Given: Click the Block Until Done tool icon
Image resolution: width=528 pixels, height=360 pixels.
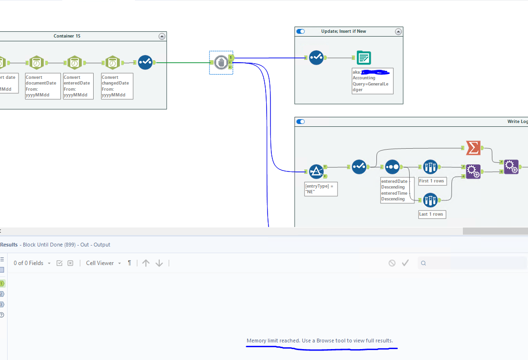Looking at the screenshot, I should click(220, 62).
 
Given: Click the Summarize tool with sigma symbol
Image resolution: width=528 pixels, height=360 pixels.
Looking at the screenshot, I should click(473, 148).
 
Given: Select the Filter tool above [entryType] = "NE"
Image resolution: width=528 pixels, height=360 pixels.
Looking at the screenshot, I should click(317, 171).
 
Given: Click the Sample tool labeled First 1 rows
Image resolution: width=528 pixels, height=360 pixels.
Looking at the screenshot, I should click(430, 167).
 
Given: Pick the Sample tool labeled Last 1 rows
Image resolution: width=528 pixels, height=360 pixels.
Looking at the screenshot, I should click(430, 200).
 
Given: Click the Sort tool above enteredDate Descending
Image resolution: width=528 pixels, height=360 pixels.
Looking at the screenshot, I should click(392, 167).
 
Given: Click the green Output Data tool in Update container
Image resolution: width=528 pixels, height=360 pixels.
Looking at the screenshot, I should click(364, 58).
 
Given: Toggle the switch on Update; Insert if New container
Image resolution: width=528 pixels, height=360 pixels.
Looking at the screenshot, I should click(301, 31).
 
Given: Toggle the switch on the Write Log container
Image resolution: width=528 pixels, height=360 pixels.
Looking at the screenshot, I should click(301, 122).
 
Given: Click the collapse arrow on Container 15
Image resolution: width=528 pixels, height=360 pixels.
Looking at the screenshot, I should click(162, 36).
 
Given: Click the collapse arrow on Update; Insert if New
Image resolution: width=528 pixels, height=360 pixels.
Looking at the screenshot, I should click(398, 31).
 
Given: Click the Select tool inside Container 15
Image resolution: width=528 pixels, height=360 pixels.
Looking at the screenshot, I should click(145, 62).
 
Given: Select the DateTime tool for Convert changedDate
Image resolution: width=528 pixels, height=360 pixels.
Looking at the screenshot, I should click(112, 62).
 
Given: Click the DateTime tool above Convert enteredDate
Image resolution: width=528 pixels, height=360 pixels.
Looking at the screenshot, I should click(75, 62).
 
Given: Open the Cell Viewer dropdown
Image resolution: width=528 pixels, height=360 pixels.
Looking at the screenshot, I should click(103, 263).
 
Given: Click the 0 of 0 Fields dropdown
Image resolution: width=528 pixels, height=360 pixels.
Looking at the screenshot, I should click(32, 263).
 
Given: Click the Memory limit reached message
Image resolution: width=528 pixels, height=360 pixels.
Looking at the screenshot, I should click(320, 341).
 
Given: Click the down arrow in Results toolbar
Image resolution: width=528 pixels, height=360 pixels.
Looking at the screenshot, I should click(159, 263).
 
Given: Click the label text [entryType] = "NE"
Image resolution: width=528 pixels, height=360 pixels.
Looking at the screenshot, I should click(321, 189).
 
